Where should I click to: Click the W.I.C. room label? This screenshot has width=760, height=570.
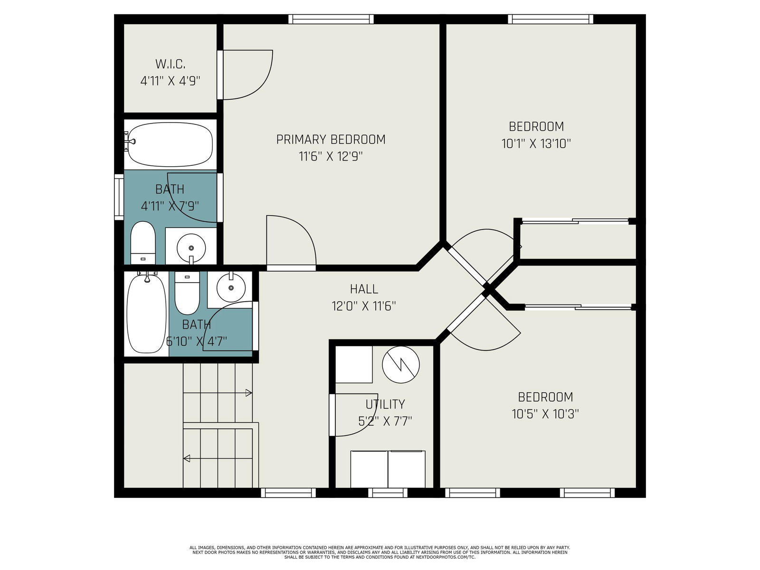pos(170,64)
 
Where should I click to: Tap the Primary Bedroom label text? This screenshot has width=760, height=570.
pos(331,140)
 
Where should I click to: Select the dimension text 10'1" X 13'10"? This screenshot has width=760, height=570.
pos(536,143)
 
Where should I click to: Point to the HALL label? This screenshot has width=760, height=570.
pos(364,289)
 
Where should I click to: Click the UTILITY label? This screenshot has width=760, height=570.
pos(385,404)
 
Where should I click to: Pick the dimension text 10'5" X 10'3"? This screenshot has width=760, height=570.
pos(545,414)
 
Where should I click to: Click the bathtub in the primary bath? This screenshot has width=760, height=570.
pos(170,144)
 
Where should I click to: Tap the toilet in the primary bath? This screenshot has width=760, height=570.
pos(142,243)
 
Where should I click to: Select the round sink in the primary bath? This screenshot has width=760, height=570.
pos(191,248)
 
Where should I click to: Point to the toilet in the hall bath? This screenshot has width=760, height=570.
pos(187,293)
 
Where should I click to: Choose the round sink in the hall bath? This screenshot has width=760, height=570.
pos(231,287)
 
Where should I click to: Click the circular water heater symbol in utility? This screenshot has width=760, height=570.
pos(400,365)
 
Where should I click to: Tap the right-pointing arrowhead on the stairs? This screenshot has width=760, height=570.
pos(248,393)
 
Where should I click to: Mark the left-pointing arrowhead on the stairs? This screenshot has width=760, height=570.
pos(187,458)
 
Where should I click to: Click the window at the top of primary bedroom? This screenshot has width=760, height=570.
pos(331,19)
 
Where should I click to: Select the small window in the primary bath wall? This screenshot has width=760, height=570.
pos(119,197)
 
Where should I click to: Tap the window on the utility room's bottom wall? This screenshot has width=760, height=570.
pos(388,493)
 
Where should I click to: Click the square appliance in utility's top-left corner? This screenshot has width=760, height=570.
pos(354,364)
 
